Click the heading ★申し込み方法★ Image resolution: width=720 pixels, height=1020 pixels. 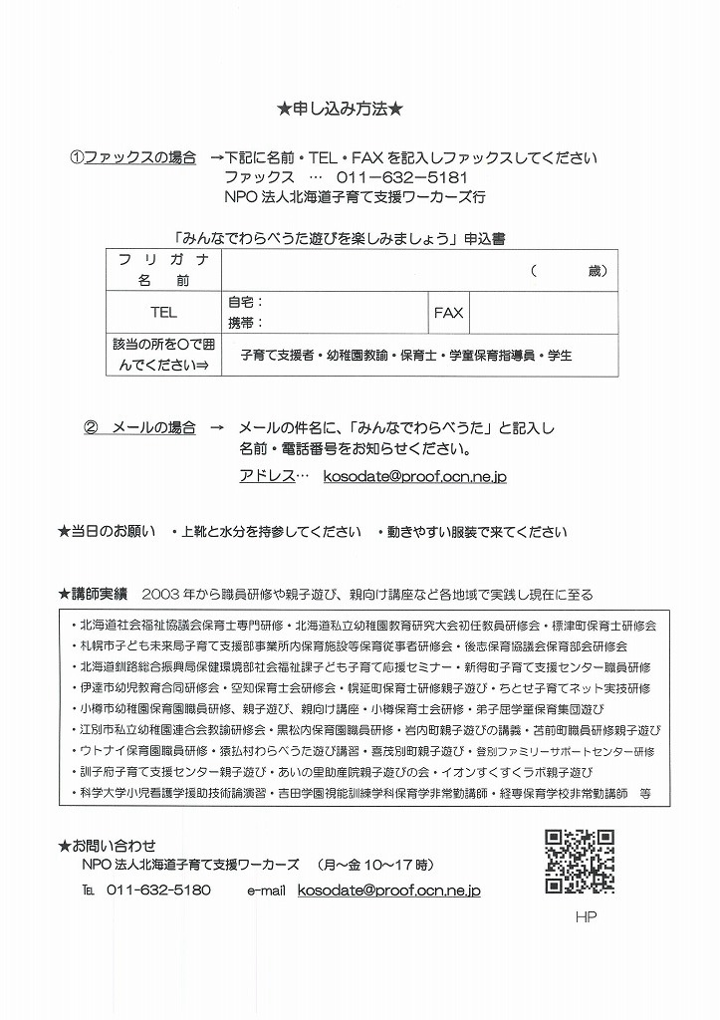[x=340, y=108]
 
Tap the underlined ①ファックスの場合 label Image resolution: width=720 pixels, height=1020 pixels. [x=132, y=157]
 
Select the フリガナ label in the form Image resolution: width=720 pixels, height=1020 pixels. [x=163, y=260]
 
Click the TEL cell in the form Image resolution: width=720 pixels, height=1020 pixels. [x=163, y=312]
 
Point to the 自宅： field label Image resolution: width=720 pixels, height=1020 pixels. [x=245, y=302]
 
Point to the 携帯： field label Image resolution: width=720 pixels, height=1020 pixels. [x=245, y=323]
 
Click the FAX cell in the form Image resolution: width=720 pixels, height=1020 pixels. [x=448, y=312]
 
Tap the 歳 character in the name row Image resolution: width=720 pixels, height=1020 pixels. [x=596, y=270]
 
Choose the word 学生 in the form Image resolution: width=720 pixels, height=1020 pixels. [x=560, y=355]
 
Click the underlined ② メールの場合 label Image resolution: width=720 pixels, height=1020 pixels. [x=139, y=427]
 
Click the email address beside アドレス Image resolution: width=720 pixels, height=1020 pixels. [x=415, y=477]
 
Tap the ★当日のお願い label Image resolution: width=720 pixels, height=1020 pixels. [x=107, y=532]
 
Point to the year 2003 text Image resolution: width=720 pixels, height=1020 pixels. [x=160, y=595]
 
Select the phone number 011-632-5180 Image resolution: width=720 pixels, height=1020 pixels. [x=158, y=890]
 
